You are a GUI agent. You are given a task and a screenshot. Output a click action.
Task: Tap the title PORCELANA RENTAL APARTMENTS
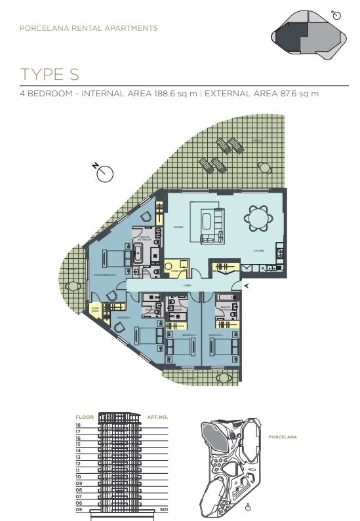89,29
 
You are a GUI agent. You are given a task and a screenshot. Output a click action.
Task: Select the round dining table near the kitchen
257,218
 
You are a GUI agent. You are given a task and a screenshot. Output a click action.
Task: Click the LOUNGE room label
178,227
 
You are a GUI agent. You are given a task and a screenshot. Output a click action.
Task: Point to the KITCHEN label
259,251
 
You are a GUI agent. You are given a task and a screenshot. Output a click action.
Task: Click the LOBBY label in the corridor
187,286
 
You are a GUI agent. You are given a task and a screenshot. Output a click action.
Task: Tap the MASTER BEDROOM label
105,275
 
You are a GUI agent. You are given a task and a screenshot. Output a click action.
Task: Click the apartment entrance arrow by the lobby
247,286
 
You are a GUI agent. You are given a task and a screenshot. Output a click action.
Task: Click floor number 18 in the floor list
78,425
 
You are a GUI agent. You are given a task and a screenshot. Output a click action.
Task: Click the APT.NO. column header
159,417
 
